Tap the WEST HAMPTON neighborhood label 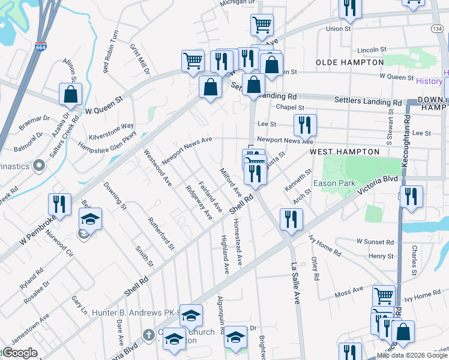click(345, 152)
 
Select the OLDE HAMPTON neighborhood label click(350, 62)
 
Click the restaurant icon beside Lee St click(305, 125)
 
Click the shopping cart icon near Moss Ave click(384, 295)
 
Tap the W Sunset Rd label click(375, 242)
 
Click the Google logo click(20, 353)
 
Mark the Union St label click(339, 28)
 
